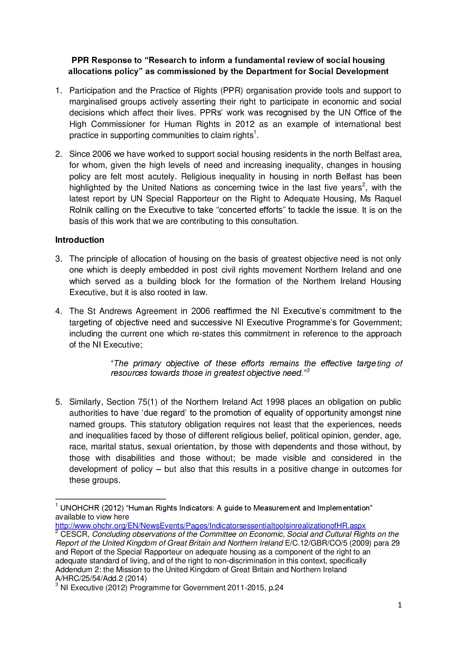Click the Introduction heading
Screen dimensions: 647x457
(80, 240)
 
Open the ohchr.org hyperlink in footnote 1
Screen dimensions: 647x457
(210, 526)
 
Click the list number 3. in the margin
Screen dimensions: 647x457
(58, 259)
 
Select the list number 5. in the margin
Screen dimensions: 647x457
(58, 402)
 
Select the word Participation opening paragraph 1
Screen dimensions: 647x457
(92, 91)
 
